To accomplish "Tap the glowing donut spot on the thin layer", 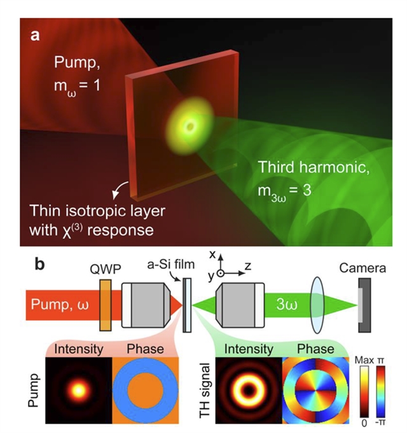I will point(186,125).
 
